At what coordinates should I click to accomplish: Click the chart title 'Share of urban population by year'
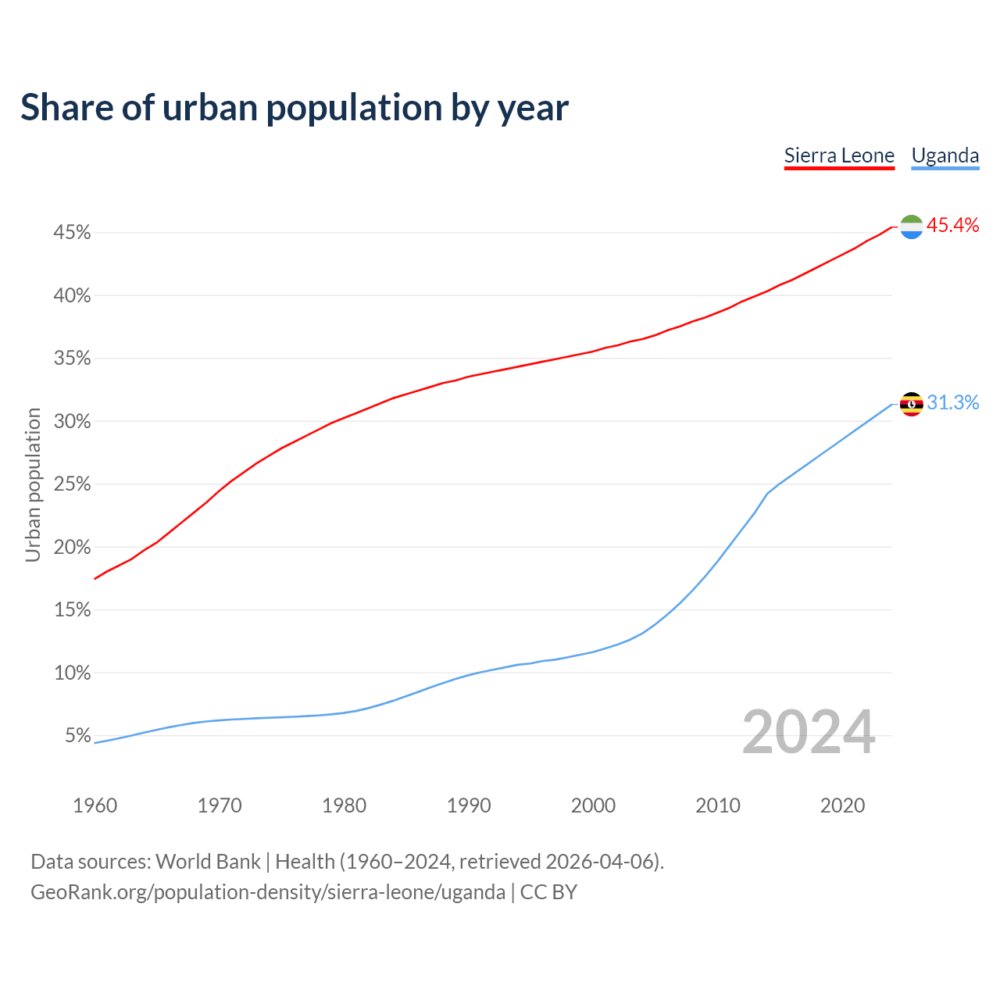(x=295, y=108)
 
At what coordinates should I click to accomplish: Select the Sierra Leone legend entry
(x=839, y=155)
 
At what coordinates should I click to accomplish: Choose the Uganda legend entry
(x=945, y=155)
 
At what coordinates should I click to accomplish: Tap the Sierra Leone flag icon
(x=911, y=227)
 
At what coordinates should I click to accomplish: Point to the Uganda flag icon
(x=911, y=404)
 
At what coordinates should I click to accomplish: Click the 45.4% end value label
(x=952, y=226)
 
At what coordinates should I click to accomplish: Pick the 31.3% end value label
(x=952, y=403)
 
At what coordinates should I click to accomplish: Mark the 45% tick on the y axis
(x=72, y=233)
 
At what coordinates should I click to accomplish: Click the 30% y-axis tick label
(x=72, y=422)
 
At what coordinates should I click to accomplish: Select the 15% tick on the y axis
(x=72, y=610)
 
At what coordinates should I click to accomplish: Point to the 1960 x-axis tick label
(x=95, y=805)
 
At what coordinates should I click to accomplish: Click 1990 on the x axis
(x=469, y=805)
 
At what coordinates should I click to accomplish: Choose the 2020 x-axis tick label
(x=842, y=805)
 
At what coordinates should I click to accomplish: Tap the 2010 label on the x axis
(x=718, y=805)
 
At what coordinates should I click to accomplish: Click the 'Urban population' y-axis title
(x=33, y=484)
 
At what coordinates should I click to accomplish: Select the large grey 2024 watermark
(x=809, y=733)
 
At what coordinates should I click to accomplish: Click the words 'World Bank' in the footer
(x=208, y=862)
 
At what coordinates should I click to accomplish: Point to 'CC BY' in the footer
(x=548, y=892)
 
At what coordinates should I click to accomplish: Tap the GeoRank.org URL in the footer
(x=268, y=892)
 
